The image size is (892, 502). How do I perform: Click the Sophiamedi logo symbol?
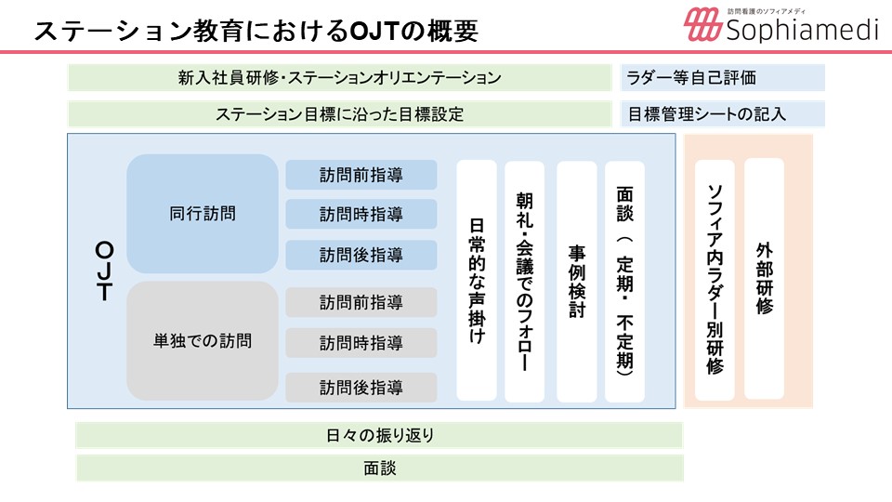click(x=702, y=24)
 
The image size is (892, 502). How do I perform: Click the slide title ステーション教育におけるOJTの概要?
click(x=256, y=31)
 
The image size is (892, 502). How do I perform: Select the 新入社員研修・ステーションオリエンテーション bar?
click(x=340, y=77)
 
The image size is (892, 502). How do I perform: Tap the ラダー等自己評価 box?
click(x=723, y=77)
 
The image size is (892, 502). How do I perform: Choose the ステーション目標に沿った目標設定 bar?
click(x=340, y=114)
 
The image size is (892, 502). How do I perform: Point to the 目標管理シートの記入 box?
click(x=723, y=114)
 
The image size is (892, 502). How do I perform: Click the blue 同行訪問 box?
click(x=203, y=214)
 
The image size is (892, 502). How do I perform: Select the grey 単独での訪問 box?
click(x=203, y=341)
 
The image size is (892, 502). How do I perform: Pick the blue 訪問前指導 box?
click(x=361, y=175)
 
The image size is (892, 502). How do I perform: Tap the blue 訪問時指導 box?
click(x=361, y=214)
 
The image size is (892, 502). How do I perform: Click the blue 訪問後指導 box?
click(x=361, y=255)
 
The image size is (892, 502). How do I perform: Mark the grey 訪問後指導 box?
click(x=361, y=388)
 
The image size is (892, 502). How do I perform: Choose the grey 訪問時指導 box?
click(x=361, y=343)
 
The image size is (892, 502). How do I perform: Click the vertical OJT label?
click(x=105, y=271)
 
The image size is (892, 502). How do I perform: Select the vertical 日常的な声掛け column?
click(x=477, y=281)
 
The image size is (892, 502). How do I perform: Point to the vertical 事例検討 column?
click(x=577, y=281)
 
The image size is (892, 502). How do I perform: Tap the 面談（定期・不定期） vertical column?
click(x=624, y=281)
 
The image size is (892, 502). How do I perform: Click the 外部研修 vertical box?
click(x=764, y=279)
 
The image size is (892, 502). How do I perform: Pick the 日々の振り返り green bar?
click(x=379, y=435)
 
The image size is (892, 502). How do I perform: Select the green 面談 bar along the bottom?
click(x=379, y=469)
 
